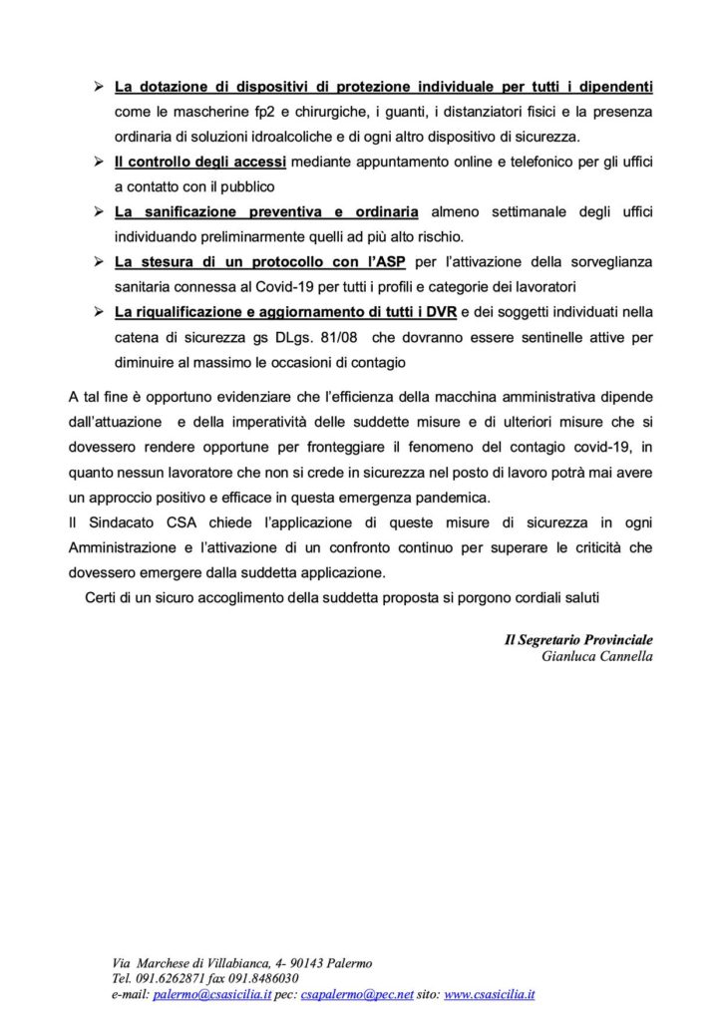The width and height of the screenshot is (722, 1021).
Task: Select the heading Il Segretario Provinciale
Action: pyautogui.click(x=579, y=638)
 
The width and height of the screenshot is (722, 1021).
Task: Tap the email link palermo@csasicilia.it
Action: pyautogui.click(x=214, y=995)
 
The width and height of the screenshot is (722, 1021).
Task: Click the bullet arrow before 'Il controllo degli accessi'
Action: pyautogui.click(x=99, y=162)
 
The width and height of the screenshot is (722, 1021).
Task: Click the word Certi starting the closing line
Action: pyautogui.click(x=104, y=598)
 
